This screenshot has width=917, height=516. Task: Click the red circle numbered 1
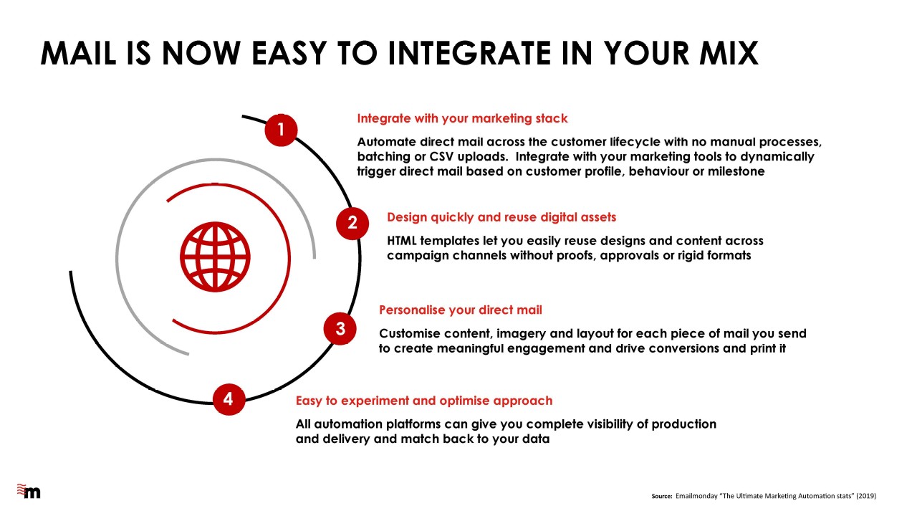tap(281, 130)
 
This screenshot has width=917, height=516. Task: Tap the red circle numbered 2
tap(352, 223)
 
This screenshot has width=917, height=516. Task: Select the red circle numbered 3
tap(340, 329)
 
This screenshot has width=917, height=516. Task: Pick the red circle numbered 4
tap(229, 399)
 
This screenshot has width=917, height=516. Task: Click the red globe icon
tap(215, 257)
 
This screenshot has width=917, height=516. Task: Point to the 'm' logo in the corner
tap(29, 491)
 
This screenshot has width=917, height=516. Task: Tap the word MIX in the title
tap(729, 53)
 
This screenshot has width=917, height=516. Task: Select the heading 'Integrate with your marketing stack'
tap(462, 118)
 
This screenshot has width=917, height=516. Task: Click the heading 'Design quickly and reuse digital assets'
tap(501, 217)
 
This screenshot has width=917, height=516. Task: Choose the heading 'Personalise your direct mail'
tap(460, 310)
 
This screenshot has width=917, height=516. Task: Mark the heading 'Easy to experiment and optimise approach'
tap(424, 401)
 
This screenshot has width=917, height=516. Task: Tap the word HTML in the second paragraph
tap(402, 241)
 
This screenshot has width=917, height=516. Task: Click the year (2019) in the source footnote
tap(867, 496)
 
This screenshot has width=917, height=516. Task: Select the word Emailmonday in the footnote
tap(696, 496)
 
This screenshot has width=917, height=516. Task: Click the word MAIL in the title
tap(79, 53)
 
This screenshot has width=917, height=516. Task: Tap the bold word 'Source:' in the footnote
tap(662, 497)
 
